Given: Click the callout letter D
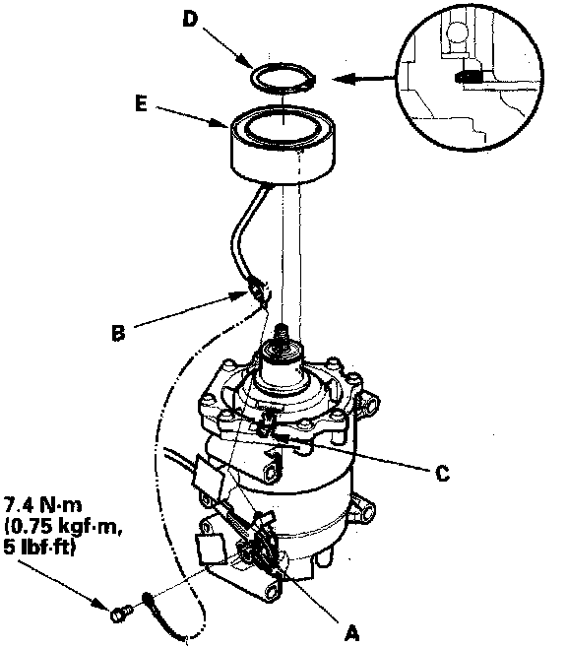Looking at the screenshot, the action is [191, 19].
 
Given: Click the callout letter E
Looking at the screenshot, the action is [141, 103].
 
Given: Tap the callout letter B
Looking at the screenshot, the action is [118, 333].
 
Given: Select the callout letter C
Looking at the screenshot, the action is [443, 473].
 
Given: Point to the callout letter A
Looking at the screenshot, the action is [350, 632].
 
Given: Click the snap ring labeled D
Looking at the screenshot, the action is [283, 77].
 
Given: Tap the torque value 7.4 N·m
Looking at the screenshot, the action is [42, 505].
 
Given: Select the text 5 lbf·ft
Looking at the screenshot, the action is [39, 548].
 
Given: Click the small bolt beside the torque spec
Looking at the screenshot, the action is [121, 614].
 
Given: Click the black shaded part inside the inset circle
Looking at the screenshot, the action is [467, 77].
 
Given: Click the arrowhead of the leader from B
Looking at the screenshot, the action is [241, 295].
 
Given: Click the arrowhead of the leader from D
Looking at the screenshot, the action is [246, 62].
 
